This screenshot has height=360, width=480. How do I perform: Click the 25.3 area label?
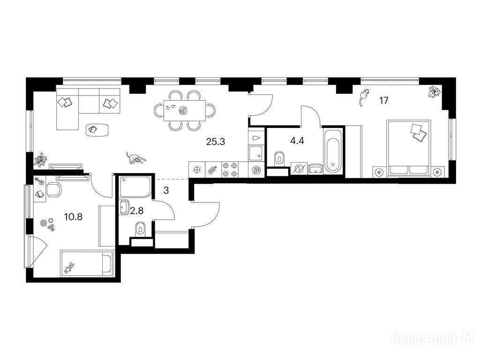pos(216,142)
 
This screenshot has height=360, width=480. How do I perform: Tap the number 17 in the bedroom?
pos(383,100)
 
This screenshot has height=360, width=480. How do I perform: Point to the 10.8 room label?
pos(73,217)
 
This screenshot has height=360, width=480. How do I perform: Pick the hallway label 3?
pos(166,191)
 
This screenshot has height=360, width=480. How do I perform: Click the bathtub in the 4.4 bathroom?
pos(333,151)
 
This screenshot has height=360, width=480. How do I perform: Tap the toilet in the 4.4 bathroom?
pos(279,158)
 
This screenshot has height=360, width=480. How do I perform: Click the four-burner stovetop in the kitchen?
pos(230,170)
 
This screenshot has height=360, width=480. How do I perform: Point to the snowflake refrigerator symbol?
pos(197,170)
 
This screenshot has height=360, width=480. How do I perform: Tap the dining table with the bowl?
pos(185,110)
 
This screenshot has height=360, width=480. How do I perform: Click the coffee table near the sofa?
pos(97,129)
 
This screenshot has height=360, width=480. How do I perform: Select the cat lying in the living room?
pos(135,158)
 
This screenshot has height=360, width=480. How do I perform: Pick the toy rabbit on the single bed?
pos(69,268)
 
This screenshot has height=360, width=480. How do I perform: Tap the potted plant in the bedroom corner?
pos(435,91)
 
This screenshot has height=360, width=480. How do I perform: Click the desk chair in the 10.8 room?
pos(54,190)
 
